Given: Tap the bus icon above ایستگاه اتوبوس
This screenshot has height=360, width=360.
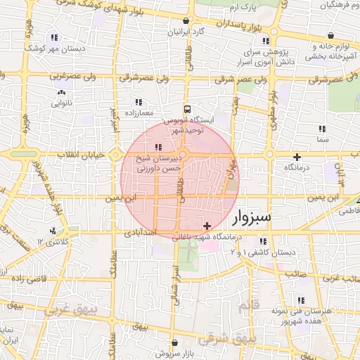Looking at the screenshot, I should [187, 109].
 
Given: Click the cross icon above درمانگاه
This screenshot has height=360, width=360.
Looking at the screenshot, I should [297, 157].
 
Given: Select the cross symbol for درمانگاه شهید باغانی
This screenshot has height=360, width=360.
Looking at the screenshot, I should [206, 226].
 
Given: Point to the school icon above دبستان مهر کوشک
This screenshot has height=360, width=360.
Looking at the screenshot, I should [54, 38].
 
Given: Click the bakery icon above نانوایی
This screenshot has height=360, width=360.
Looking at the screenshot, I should [60, 91].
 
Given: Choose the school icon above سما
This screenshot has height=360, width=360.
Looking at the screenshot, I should [322, 129].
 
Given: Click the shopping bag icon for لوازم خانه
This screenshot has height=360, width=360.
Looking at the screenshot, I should [331, 35].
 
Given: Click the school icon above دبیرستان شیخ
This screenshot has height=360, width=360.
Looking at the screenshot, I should [160, 147].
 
